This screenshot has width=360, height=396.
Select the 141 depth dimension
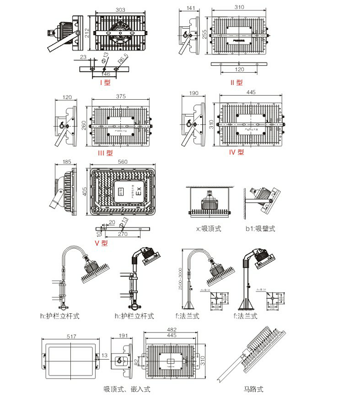[x=191, y=8]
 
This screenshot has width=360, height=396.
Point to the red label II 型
[x=236, y=83]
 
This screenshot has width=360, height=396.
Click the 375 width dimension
[x=121, y=97]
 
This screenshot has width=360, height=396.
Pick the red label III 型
[x=105, y=154]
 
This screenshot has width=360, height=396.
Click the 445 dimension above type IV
[x=250, y=93]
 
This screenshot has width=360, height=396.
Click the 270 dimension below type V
[x=123, y=233]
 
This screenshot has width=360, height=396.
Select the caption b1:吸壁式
[x=261, y=228]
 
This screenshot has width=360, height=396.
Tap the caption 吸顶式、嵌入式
[x=127, y=388]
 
